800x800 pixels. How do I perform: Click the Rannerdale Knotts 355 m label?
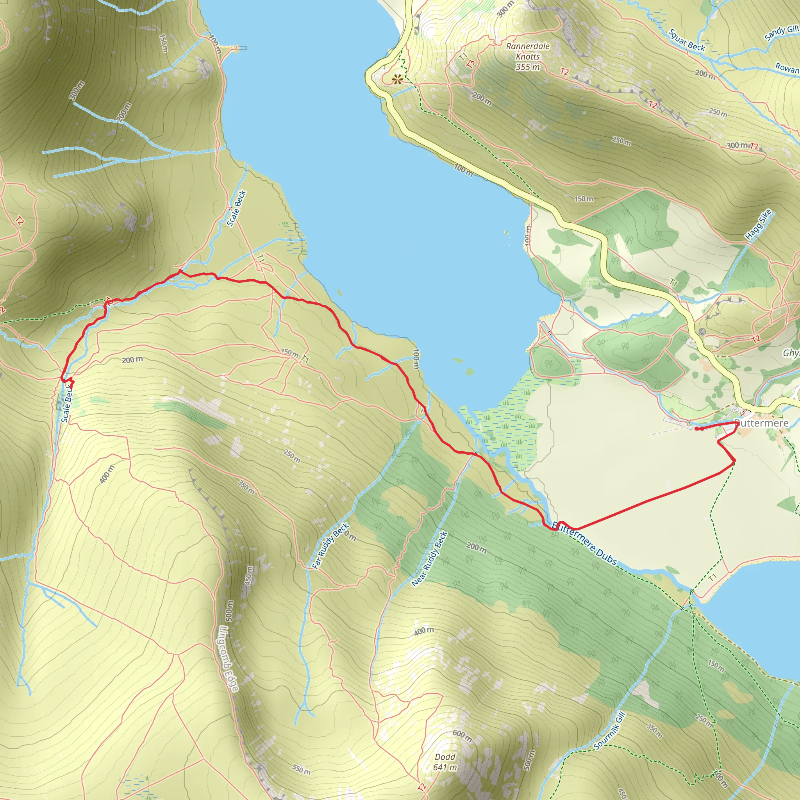coord(527,56)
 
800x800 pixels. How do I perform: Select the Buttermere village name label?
coord(761,423)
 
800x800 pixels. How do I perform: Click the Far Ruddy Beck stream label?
coord(330,546)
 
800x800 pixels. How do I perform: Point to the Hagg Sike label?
coord(758,225)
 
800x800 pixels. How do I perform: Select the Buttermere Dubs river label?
coord(584,543)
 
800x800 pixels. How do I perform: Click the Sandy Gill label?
coord(781,33)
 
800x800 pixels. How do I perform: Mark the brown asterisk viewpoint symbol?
coord(398,79)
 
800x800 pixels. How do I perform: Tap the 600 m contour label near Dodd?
coord(462,736)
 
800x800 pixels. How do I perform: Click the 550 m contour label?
coord(301,770)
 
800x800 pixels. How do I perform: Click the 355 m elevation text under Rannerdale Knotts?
coord(527,67)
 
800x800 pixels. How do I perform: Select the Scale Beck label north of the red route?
coord(236,208)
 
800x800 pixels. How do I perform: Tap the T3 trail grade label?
coord(470,64)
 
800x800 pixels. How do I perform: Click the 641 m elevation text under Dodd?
coord(445,767)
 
